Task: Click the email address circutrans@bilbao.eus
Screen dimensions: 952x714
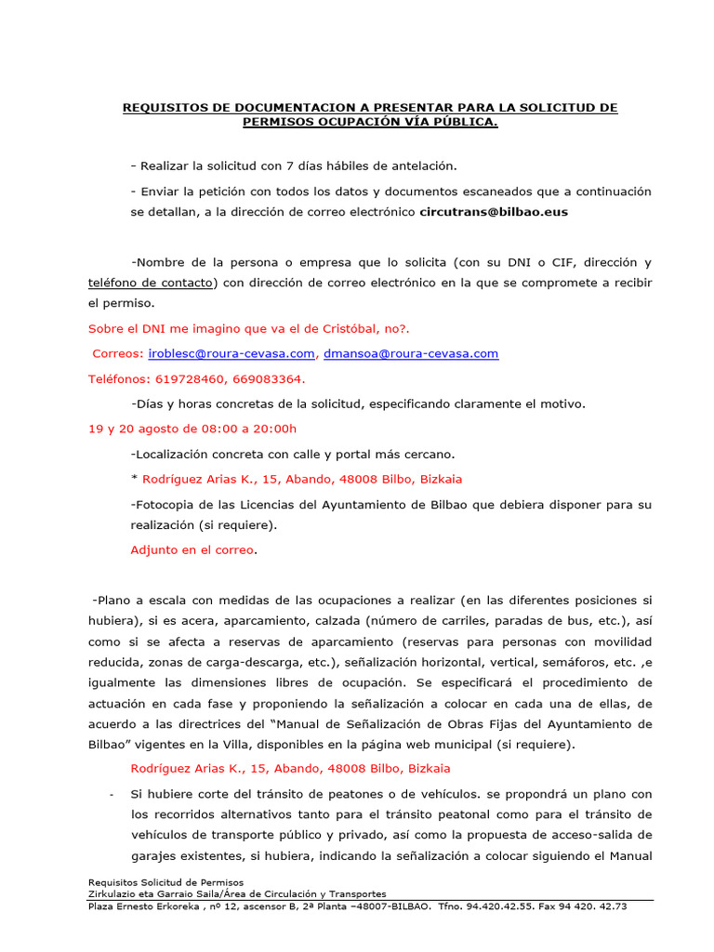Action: point(494,212)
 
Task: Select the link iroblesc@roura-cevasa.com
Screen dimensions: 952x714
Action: point(231,354)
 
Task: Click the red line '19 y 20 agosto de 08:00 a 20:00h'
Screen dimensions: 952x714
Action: point(192,429)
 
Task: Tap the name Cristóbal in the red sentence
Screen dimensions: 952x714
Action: point(349,329)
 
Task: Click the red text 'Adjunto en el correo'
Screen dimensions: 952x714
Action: point(192,549)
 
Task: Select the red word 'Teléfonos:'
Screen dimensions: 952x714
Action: point(119,379)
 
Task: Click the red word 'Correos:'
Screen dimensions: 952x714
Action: point(118,354)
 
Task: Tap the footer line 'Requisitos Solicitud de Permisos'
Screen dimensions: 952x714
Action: point(165,882)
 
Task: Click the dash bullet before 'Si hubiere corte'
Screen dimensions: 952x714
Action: point(112,795)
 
